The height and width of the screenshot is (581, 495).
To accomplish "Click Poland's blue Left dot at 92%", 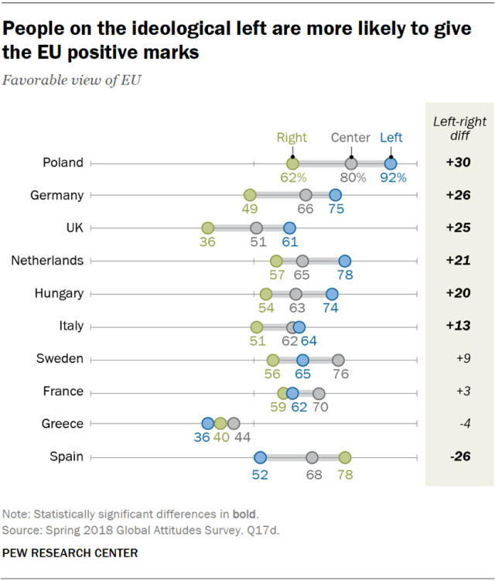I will coord(391,163).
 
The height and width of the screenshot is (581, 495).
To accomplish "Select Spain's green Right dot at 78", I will coord(344,456).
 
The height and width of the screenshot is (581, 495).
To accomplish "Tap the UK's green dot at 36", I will coord(207,228).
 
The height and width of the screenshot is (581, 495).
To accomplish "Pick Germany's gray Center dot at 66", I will coord(306,196).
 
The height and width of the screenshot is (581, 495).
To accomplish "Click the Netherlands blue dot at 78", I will coord(344,261).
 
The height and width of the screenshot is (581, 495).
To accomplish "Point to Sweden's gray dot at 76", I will coord(338,359).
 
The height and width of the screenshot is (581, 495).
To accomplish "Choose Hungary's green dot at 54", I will coord(266,294).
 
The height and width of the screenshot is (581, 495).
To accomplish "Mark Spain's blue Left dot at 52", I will coord(260,456).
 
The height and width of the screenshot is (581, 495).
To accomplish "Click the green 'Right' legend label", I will coord(292,138).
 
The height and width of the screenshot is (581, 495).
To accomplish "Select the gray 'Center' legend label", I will coord(350,138).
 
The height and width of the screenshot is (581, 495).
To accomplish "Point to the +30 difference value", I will coord(459,163).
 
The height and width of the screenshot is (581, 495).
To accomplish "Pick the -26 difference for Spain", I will coord(459,456).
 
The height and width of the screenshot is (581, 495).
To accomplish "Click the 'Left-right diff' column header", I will coord(459,128).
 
